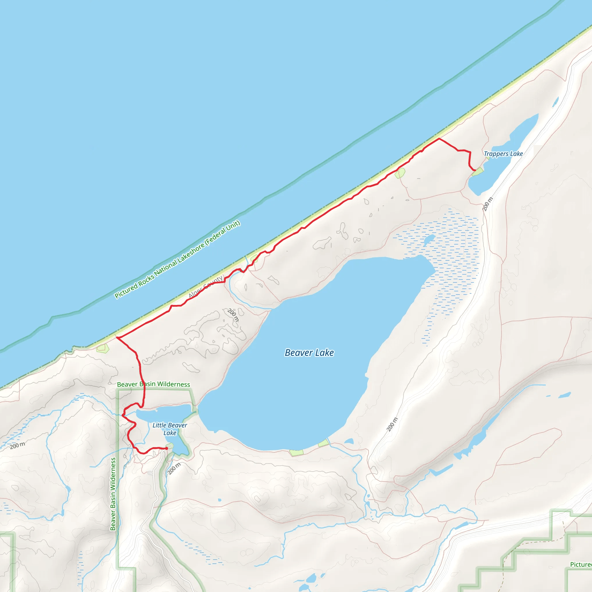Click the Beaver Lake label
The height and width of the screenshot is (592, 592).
pyautogui.click(x=309, y=353)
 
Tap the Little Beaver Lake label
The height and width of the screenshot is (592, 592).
pyautogui.click(x=169, y=429)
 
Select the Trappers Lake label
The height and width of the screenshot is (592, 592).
pyautogui.click(x=503, y=154)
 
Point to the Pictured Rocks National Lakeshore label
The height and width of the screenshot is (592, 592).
pyautogui.click(x=177, y=260)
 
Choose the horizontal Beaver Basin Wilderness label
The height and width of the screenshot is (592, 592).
pyautogui.click(x=153, y=384)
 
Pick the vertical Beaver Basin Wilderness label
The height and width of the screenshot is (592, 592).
pyautogui.click(x=113, y=494)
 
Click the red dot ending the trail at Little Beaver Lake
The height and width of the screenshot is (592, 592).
pyautogui.click(x=166, y=448)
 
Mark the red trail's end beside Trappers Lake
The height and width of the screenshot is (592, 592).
pyautogui.click(x=475, y=170)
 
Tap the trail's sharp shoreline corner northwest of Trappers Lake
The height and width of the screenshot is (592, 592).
pyautogui.click(x=439, y=139)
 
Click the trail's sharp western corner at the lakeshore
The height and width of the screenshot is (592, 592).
pyautogui.click(x=117, y=337)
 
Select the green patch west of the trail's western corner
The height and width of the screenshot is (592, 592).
pyautogui.click(x=103, y=348)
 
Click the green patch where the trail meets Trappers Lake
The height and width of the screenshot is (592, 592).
pyautogui.click(x=478, y=172)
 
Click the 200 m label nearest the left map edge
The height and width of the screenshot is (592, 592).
pyautogui.click(x=17, y=445)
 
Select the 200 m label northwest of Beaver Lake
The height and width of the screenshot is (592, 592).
pyautogui.click(x=233, y=315)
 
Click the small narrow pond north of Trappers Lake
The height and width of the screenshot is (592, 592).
pyautogui.click(x=555, y=102)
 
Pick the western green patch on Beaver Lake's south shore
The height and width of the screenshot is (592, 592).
pyautogui.click(x=296, y=452)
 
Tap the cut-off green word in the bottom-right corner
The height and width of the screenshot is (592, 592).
pyautogui.click(x=581, y=565)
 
